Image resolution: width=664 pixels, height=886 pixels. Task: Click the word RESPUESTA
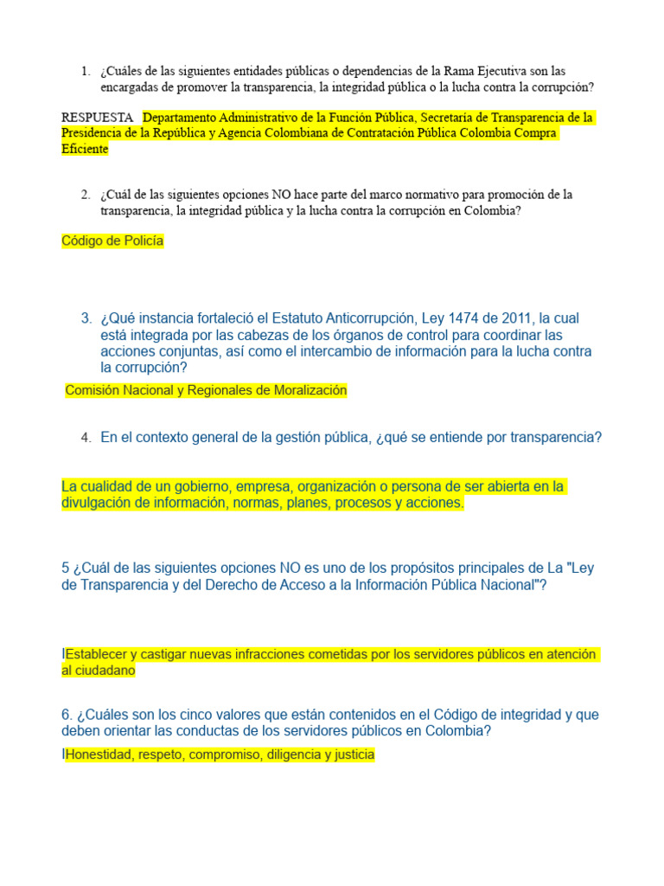click(97, 117)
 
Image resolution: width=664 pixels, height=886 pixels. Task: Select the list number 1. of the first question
click(85, 71)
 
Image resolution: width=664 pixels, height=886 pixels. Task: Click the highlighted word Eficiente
click(85, 149)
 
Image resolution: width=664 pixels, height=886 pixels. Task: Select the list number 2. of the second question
click(85, 195)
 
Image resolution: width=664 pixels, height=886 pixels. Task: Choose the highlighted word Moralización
click(309, 390)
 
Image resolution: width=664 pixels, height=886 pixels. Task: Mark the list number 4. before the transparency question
click(86, 439)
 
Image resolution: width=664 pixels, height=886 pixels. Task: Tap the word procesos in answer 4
click(366, 503)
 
